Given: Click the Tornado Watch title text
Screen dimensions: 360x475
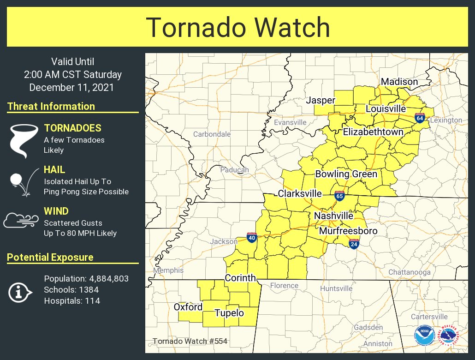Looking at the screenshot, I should click(x=237, y=28).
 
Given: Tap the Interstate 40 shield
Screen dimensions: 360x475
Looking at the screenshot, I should click(x=252, y=238).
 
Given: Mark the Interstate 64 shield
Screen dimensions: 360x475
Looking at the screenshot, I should click(x=419, y=118).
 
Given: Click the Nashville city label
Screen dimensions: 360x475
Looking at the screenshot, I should click(x=333, y=216).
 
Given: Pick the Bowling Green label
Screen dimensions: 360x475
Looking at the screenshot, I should click(x=346, y=174).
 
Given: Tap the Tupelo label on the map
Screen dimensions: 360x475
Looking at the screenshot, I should click(x=229, y=313).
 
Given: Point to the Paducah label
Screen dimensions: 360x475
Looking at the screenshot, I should click(x=234, y=170).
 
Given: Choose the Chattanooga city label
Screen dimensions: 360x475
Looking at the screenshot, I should click(x=409, y=272).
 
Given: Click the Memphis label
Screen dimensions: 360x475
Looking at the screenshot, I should click(x=168, y=270).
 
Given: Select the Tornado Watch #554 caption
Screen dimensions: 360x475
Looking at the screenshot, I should click(x=190, y=342).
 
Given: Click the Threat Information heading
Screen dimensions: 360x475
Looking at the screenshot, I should click(x=51, y=106).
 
